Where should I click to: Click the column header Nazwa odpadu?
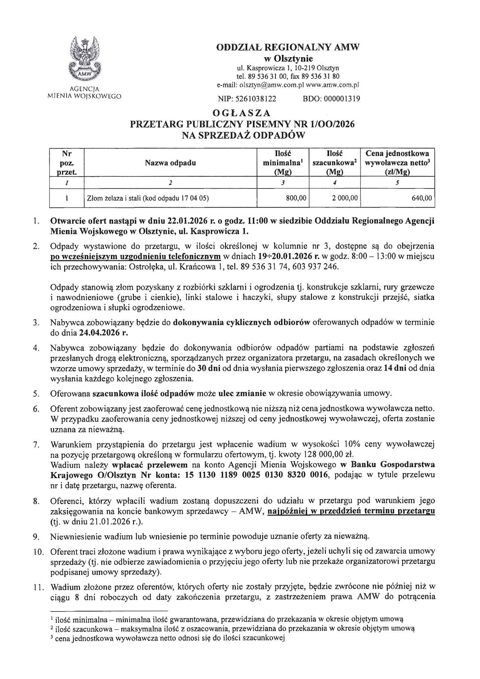(x=171, y=163)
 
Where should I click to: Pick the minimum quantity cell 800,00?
(x=296, y=198)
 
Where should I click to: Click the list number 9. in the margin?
(x=36, y=537)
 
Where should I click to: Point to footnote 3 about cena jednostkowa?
(x=167, y=638)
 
